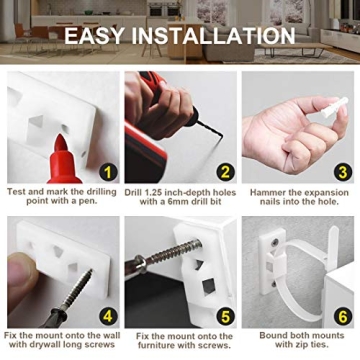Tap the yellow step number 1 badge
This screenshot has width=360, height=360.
(x=108, y=171)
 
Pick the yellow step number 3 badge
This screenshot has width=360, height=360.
(x=341, y=171)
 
